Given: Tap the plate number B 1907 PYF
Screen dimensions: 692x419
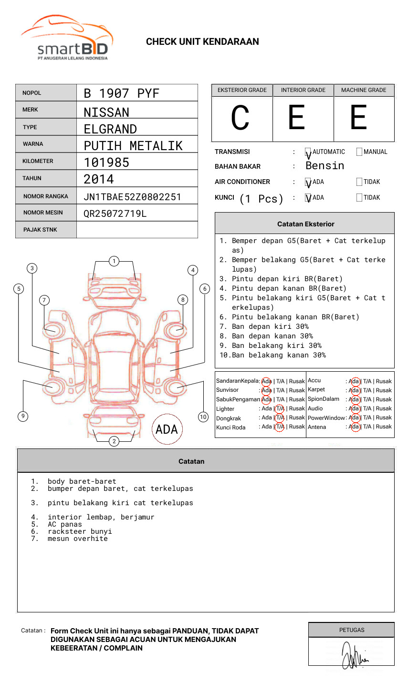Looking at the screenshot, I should (121, 93).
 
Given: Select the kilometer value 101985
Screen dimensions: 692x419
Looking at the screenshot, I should (106, 163).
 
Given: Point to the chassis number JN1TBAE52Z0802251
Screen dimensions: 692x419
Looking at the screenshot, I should (132, 197).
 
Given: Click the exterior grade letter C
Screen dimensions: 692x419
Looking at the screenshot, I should (240, 118).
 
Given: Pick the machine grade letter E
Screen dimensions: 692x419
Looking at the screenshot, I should (358, 118).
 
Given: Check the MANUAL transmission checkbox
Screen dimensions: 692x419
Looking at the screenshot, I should (359, 152).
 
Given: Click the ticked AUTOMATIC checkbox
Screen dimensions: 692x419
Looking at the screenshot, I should (308, 153).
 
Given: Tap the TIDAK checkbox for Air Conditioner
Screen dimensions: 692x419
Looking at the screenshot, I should (359, 182).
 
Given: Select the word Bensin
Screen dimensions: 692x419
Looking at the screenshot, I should (325, 166).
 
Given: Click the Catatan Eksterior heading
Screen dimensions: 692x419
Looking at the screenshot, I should (305, 224).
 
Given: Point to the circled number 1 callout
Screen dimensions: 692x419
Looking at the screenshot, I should (114, 261).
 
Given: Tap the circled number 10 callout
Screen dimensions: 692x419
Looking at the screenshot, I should (203, 417).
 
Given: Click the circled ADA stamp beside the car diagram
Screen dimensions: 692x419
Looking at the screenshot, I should (167, 429).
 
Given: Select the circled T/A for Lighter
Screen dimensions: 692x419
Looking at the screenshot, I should (280, 408).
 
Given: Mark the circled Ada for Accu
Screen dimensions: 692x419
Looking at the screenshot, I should (354, 381).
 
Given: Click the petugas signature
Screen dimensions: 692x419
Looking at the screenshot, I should (353, 655).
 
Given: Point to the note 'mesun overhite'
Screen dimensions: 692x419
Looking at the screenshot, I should (77, 539).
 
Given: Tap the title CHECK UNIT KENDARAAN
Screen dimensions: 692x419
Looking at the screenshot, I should (202, 42).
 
